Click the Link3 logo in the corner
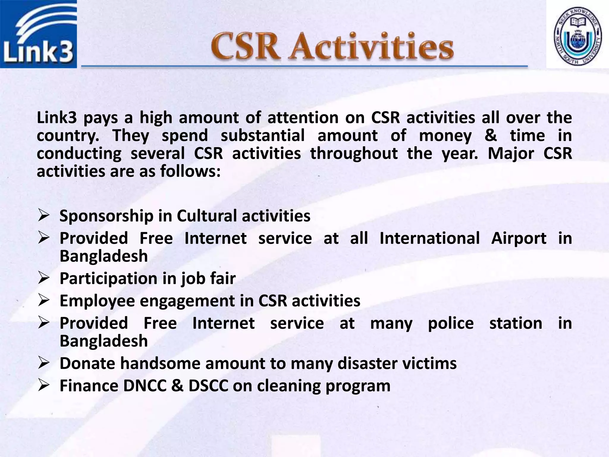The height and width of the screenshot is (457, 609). tap(38, 34)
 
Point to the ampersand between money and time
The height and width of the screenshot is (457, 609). tap(491, 136)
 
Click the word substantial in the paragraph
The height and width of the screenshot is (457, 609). tap(263, 136)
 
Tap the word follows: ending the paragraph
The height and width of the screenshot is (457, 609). tap(190, 171)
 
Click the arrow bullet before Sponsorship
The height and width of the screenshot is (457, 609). tap(43, 215)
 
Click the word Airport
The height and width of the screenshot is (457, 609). tap(519, 238)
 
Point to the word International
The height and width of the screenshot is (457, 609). tap(429, 238)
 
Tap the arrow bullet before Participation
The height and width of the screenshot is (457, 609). tap(43, 278)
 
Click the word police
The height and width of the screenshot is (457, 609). tap(451, 323)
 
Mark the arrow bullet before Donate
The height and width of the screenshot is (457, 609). tap(43, 363)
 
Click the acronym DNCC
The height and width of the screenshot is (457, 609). tap(145, 386)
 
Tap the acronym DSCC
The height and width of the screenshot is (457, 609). tap(208, 386)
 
